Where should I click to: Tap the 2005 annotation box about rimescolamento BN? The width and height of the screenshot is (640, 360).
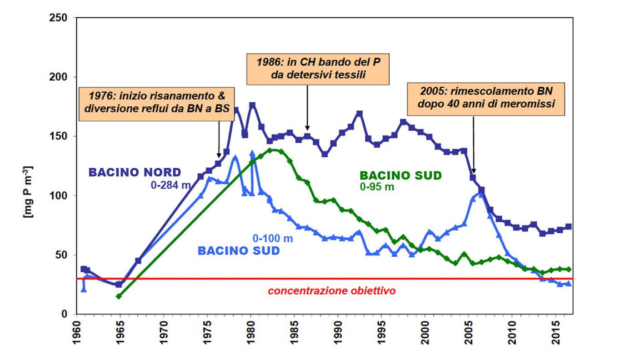pos(485,98)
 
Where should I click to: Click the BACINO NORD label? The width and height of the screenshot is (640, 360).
pos(135,173)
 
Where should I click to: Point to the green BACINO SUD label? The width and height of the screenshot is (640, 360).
pos(400,175)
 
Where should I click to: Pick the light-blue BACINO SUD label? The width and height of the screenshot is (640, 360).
pos(239,251)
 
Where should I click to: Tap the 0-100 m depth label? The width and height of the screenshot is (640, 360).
pos(273,238)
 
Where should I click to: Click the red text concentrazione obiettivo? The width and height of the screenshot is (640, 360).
pos(332,291)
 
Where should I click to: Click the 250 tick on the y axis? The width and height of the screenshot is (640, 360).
pos(58,18)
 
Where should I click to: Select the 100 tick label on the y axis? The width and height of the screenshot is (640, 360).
pos(58,196)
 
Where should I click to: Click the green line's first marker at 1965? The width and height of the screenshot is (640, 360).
pos(119,296)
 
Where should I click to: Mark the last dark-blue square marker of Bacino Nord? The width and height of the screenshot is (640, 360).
pos(569,226)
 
